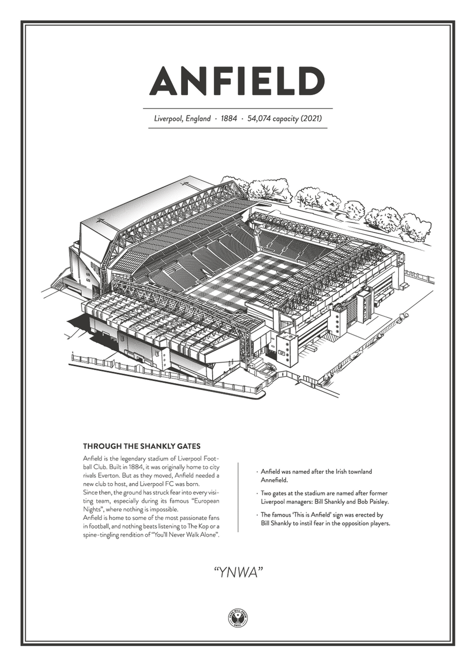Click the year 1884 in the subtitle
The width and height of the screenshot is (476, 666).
pos(229,119)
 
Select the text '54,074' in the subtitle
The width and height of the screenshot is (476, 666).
pos(262,119)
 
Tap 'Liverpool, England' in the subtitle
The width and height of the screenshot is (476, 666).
pos(182,119)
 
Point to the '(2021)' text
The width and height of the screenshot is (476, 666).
pos(313,119)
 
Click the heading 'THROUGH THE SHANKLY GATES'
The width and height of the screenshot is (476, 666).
pos(142,446)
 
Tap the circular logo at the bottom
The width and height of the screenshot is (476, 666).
pos(238,617)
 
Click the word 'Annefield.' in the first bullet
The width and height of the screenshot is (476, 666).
pos(274,480)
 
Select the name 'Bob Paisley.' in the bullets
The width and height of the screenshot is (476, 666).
pos(370,501)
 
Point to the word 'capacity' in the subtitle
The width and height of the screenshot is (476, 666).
pos(287,119)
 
